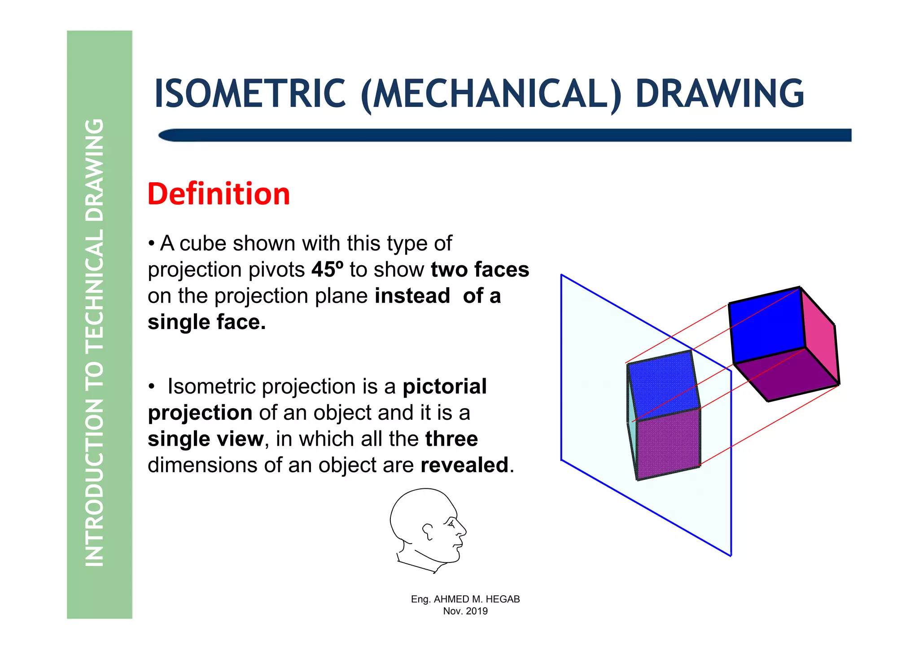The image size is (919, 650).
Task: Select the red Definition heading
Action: coord(219,194)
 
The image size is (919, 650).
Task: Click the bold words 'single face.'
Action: coord(206,322)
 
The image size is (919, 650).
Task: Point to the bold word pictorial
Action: coord(444,386)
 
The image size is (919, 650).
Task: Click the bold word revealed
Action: coord(464,465)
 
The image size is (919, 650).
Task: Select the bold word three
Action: coord(451,439)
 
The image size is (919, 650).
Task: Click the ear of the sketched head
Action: coord(428,531)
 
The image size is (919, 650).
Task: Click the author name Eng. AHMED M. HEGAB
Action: coord(465,599)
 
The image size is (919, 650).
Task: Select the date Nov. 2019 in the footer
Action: coord(465,611)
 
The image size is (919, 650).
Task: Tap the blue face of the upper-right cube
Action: coord(766,325)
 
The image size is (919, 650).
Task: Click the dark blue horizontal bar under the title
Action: coord(505,135)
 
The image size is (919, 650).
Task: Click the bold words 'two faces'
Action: coord(480,270)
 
